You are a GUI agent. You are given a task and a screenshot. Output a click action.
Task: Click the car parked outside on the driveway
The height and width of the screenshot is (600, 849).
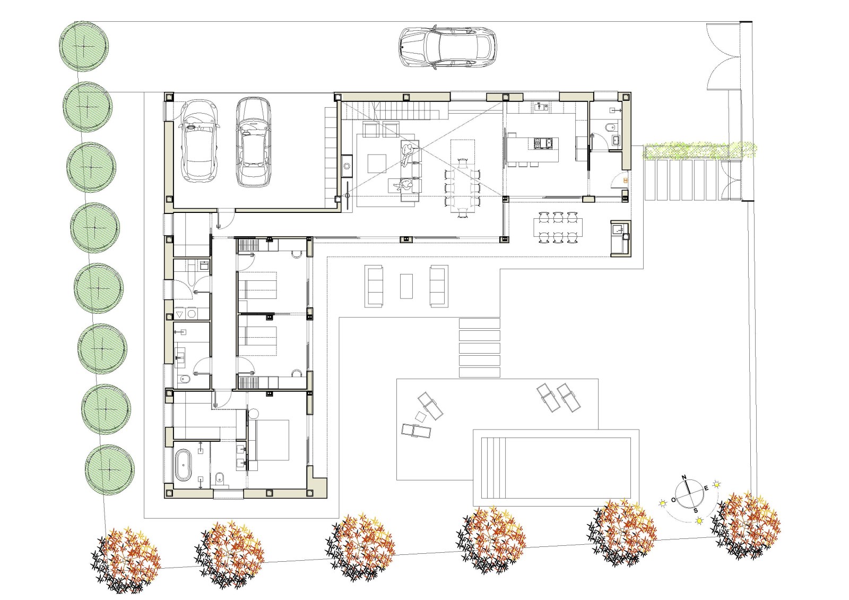click(x=447, y=47)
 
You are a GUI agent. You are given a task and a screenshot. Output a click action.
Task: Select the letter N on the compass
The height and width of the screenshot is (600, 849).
click(x=684, y=477)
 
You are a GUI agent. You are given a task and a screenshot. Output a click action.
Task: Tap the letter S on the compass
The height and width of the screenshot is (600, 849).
click(x=696, y=510)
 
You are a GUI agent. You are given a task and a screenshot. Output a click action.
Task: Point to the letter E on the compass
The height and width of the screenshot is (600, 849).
click(x=706, y=488)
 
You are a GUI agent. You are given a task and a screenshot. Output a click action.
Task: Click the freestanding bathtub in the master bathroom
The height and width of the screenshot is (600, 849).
click(x=184, y=465)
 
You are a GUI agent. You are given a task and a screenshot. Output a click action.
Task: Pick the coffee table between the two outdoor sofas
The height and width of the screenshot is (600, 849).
click(x=406, y=286)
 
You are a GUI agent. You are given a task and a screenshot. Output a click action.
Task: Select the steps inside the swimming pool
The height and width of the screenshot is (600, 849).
click(x=494, y=468)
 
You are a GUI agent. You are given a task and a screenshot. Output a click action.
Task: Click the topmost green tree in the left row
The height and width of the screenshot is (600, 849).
click(x=84, y=46)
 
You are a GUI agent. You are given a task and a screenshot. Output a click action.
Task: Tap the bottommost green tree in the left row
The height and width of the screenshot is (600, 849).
click(x=109, y=469)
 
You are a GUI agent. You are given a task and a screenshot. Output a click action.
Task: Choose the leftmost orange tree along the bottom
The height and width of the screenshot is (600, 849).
click(x=126, y=560)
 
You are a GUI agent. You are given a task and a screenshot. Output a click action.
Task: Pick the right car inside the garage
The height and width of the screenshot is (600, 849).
click(x=253, y=142)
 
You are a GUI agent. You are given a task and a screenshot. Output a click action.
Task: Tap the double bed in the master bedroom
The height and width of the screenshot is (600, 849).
click(x=270, y=440)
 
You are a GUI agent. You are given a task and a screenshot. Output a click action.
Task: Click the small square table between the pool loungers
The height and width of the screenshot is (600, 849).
click(x=420, y=416)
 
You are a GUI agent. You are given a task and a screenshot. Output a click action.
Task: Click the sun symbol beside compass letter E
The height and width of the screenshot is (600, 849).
click(x=716, y=484)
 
